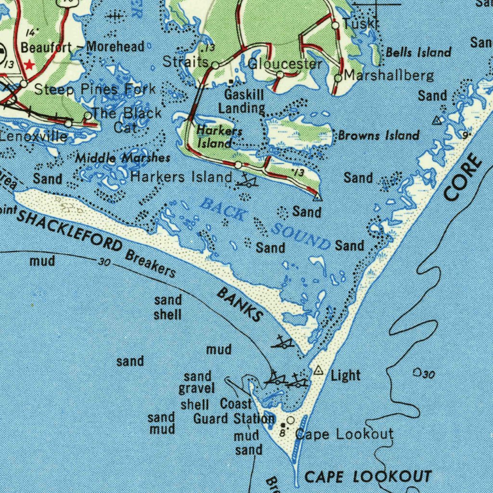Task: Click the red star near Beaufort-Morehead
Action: tap(30, 64)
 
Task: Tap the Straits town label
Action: tap(185, 62)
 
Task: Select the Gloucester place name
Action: tap(285, 64)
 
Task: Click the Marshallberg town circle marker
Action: tap(338, 78)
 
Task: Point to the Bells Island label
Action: tap(418, 52)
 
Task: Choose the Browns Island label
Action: tap(378, 135)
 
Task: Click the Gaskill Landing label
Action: tap(242, 101)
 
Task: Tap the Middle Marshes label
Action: tap(123, 158)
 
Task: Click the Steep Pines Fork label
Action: tap(94, 89)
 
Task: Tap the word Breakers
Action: tap(150, 263)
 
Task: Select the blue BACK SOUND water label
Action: tap(265, 223)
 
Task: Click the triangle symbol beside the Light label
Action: tap(318, 370)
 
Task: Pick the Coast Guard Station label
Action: tap(234, 411)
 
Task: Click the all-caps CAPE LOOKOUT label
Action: tap(368, 477)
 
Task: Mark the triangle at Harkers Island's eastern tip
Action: tap(317, 197)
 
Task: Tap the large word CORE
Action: tap(463, 177)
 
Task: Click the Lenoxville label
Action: tap(34, 136)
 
